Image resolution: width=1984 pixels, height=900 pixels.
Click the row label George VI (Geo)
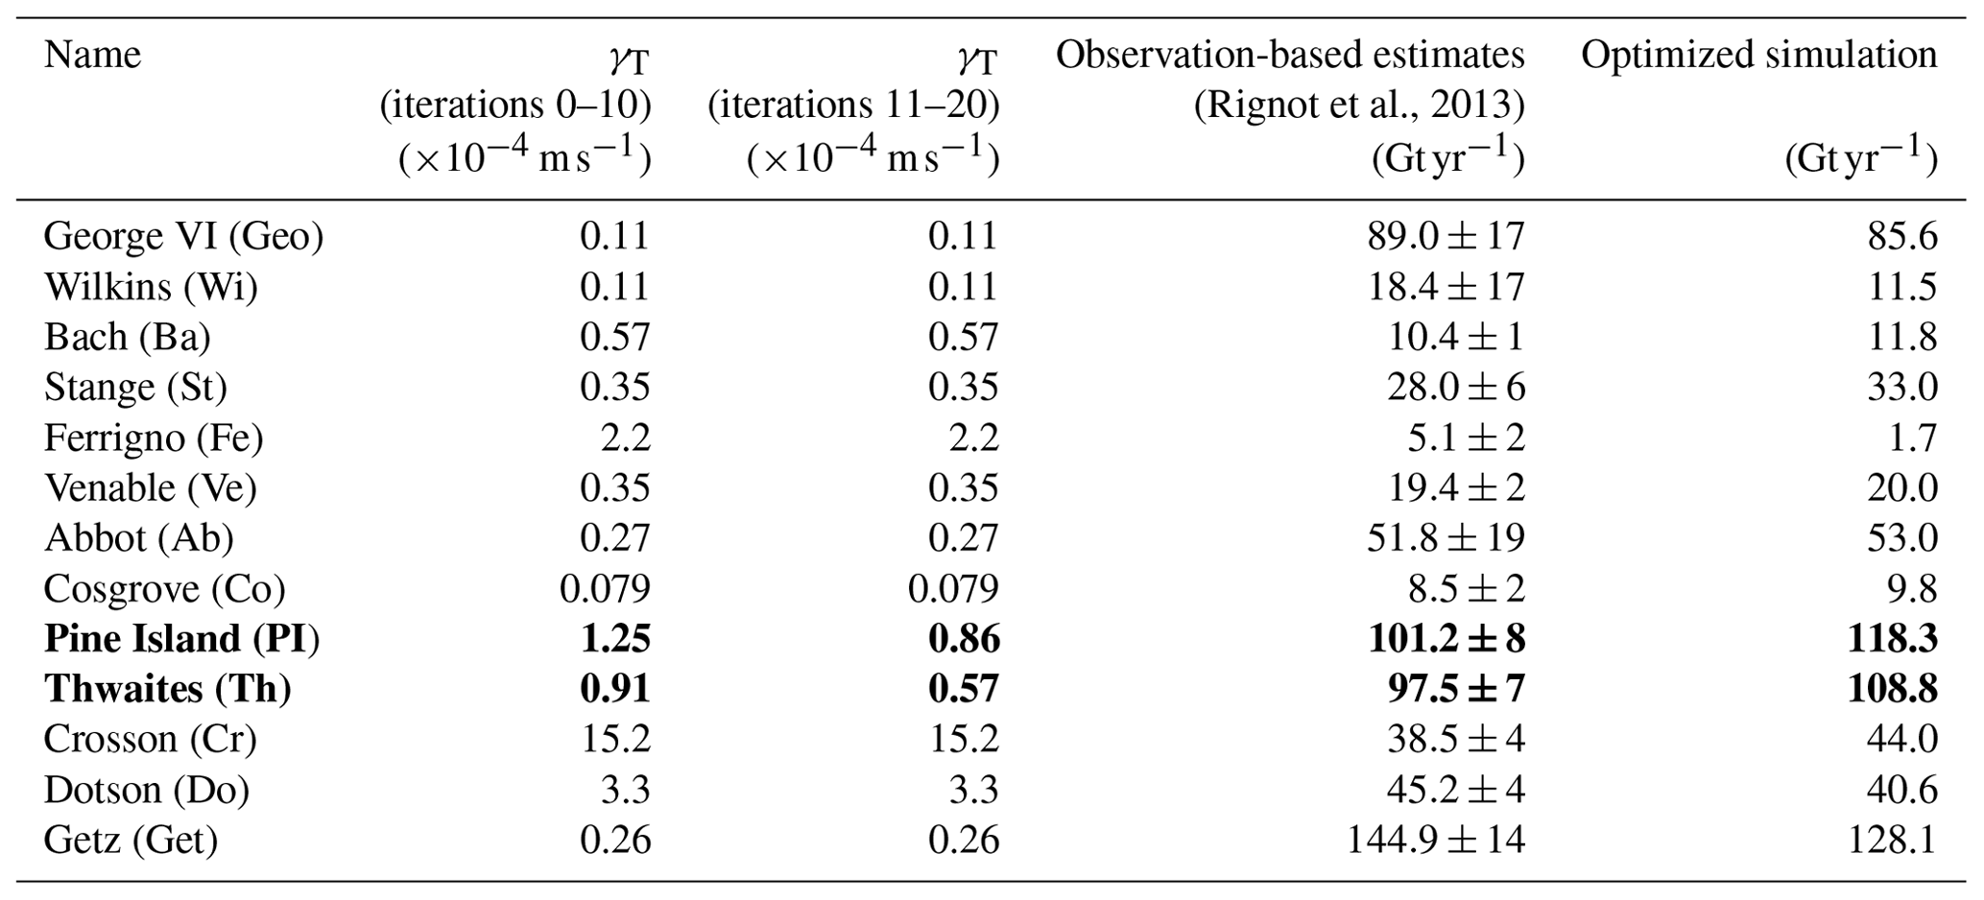pos(183,237)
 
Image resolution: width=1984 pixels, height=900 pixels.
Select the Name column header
pos(92,55)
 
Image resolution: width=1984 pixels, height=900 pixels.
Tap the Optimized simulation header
pos(1758,55)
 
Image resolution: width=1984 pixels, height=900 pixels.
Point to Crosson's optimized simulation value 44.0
pos(1901,740)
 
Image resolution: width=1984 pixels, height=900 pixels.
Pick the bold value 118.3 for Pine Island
pos(1892,639)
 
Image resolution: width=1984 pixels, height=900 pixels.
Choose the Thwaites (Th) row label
pos(168,690)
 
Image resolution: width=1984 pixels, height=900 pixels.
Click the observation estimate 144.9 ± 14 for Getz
pos(1435,841)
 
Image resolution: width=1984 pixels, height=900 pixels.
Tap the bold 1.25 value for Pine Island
pos(615,639)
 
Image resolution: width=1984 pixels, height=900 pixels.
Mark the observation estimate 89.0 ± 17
pos(1446,237)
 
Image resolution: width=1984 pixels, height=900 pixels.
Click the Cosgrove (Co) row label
pos(164,589)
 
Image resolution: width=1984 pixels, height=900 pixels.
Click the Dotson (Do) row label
pos(147,791)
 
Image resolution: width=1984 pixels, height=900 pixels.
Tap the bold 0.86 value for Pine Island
pos(964,639)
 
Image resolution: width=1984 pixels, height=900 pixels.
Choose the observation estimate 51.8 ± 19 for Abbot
pos(1446,538)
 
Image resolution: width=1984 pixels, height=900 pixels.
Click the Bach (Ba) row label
pos(128,338)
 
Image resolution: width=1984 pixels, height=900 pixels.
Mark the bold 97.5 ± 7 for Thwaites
pos(1446,690)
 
